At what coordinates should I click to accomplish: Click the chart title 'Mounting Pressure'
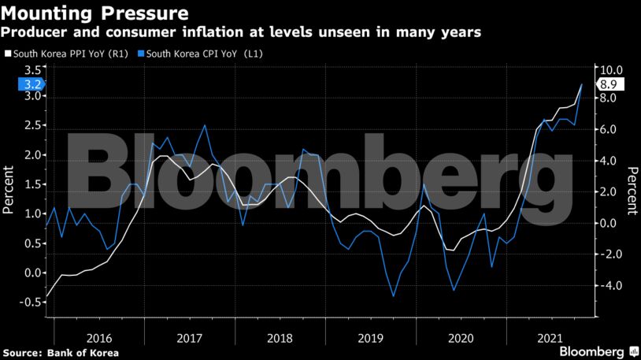coord(94,13)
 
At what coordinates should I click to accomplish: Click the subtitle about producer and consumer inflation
coord(241,32)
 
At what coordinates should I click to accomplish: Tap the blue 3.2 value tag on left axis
coord(23,84)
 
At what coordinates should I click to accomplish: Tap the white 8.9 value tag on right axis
coord(610,84)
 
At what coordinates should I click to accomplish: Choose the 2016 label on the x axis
coord(99,337)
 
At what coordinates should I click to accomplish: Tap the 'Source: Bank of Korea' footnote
coord(61,352)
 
